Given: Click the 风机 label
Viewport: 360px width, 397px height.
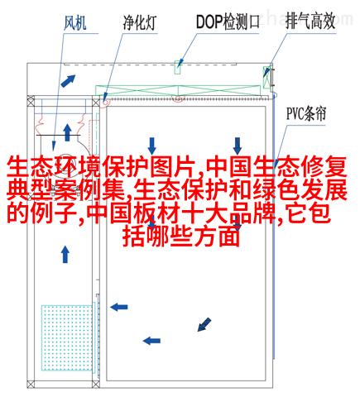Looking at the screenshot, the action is [x=75, y=22].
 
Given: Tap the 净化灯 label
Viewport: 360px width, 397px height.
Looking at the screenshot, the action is [x=139, y=22].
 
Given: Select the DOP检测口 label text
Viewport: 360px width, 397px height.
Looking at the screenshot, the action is [x=228, y=22].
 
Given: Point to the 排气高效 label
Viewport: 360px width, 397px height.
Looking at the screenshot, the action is [x=310, y=22].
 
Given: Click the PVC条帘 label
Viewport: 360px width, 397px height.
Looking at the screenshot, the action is [x=306, y=113].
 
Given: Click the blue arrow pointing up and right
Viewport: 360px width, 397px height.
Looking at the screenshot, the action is [x=68, y=80].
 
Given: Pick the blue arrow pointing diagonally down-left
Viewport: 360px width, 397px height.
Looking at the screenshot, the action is [x=204, y=324].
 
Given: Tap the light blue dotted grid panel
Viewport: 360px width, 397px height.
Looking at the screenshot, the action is [x=67, y=337].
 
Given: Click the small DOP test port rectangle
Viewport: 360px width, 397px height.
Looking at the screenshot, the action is [x=178, y=67].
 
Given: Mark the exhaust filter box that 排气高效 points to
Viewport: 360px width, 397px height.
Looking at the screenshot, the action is [x=266, y=77].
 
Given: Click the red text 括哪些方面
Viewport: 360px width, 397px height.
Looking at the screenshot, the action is [x=181, y=237].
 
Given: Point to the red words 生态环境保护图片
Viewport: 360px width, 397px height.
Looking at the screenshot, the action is [x=100, y=167].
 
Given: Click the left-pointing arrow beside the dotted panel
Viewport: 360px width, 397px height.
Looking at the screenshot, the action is [x=119, y=307].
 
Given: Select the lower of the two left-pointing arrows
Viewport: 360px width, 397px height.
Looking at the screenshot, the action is [x=151, y=341].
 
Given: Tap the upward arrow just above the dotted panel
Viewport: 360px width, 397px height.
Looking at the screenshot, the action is [x=65, y=254].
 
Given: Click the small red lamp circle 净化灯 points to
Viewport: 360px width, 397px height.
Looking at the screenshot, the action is [x=105, y=102].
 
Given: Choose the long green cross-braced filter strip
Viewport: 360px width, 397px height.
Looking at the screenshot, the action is [x=178, y=90].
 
